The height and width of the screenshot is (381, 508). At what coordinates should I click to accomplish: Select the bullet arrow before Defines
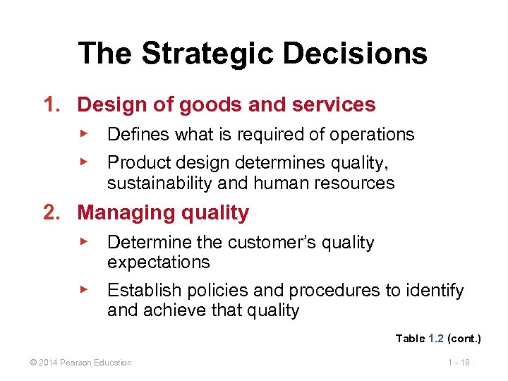pyautogui.click(x=83, y=133)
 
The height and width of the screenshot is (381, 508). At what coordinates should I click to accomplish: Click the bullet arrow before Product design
pyautogui.click(x=83, y=162)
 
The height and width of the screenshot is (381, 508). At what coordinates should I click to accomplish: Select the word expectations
pyautogui.click(x=158, y=262)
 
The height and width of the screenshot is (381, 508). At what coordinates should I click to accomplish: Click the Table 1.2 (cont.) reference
pyautogui.click(x=437, y=339)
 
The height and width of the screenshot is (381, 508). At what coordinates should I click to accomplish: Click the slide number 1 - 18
pyautogui.click(x=459, y=363)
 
